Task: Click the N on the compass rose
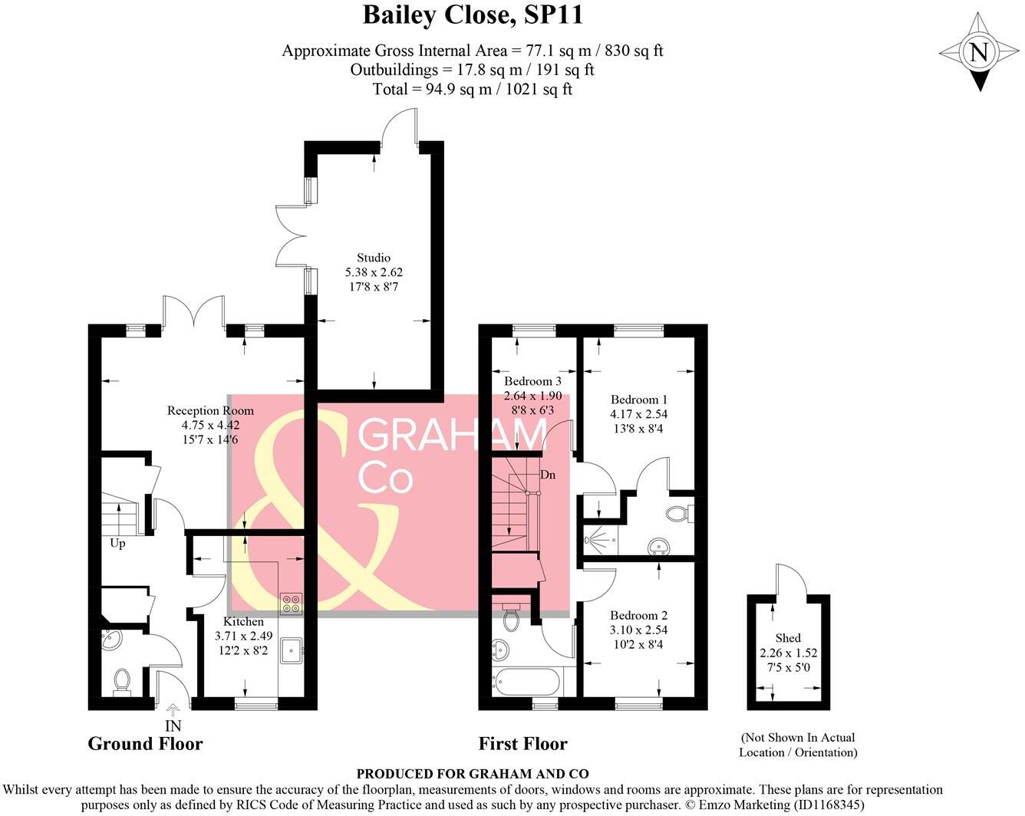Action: click(x=978, y=52)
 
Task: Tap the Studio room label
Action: click(x=374, y=258)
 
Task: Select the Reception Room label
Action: click(x=210, y=411)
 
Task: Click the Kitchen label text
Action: click(x=243, y=621)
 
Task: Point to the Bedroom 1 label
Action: click(x=639, y=400)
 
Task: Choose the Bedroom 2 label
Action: click(x=638, y=615)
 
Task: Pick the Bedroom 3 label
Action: click(x=532, y=381)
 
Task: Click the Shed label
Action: click(x=788, y=638)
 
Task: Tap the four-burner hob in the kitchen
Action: click(x=292, y=604)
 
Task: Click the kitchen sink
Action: click(x=292, y=651)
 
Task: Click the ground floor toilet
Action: click(x=121, y=679)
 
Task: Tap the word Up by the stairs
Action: click(x=117, y=543)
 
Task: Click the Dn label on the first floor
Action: click(x=548, y=475)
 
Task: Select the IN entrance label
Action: click(x=173, y=726)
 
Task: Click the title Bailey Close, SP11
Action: click(x=473, y=15)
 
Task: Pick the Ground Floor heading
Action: click(x=145, y=743)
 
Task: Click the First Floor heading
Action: click(x=522, y=743)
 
